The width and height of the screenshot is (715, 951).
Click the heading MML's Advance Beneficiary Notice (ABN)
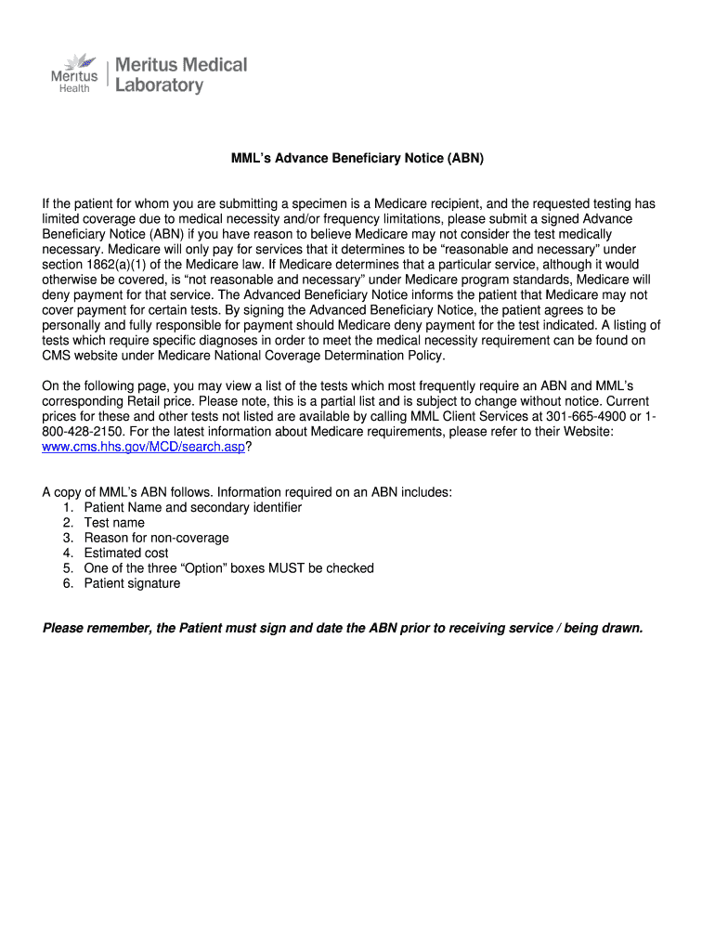click(357, 159)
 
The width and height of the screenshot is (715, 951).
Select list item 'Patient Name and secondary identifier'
click(192, 508)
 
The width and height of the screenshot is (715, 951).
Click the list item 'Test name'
click(114, 523)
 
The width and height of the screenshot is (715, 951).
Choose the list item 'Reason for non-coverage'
click(156, 538)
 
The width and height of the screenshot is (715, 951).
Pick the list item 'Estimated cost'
click(126, 553)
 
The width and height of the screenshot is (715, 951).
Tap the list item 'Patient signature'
click(132, 583)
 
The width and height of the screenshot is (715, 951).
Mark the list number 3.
click(68, 538)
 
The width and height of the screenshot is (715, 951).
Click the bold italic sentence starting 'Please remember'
click(343, 629)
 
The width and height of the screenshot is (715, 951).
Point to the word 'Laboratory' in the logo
click(158, 85)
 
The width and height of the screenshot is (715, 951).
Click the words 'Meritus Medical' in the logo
click(180, 65)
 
